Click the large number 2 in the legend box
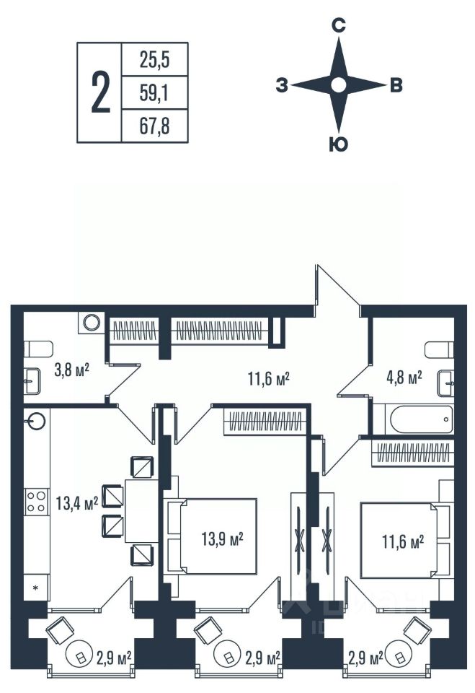(x=101, y=92)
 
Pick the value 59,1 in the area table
(x=154, y=92)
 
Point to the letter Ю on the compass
(x=338, y=145)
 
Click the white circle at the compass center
(x=338, y=86)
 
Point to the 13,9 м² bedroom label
(x=221, y=538)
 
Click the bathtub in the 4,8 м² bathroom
(x=413, y=418)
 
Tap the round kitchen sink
(x=37, y=421)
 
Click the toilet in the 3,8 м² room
(x=35, y=349)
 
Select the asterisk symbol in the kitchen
(x=35, y=588)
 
